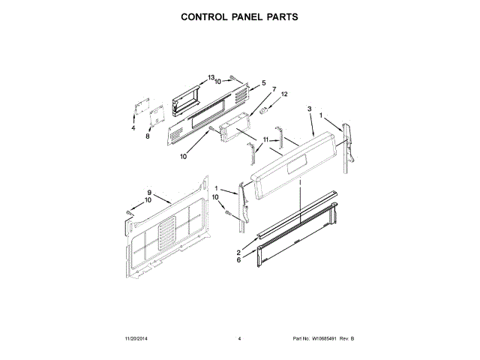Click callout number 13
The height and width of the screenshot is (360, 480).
[211, 77]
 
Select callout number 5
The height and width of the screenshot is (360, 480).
[264, 82]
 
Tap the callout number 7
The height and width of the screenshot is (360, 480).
[274, 90]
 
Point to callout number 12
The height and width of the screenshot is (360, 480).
[284, 94]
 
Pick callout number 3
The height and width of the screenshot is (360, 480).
[309, 109]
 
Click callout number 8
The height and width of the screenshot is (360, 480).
[148, 136]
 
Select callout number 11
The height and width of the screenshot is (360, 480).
[265, 140]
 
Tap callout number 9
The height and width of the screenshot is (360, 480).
[149, 193]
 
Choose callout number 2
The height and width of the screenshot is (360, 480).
[238, 252]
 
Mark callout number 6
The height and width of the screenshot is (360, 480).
[238, 259]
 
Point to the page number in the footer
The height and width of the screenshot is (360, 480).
[239, 340]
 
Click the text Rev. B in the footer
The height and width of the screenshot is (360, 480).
[346, 340]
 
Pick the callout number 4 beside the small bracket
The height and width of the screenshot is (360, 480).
[134, 128]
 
